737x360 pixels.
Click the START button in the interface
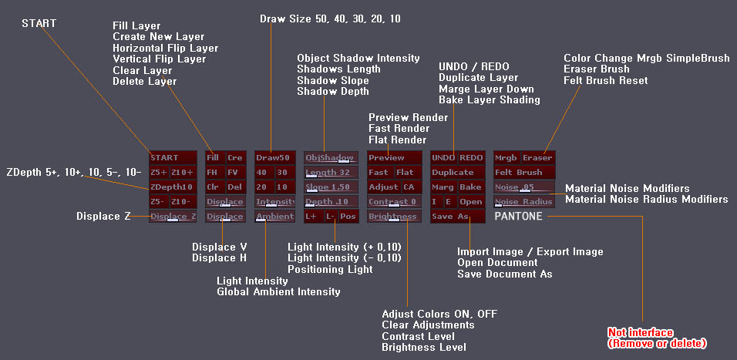coord(173,157)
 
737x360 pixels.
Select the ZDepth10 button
coord(173,187)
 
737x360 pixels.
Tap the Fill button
coord(214,157)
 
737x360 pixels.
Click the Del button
coord(234,187)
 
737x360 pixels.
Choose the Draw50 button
coord(275,157)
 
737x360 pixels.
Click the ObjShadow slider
coord(331,157)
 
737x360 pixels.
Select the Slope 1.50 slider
coord(331,187)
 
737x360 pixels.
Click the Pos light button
coord(348,217)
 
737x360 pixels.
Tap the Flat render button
coord(406,173)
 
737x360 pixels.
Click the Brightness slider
coord(393,217)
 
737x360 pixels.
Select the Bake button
coord(470,187)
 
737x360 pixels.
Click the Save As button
coord(451,217)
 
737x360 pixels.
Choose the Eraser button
coord(537,157)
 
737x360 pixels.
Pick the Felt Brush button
coord(523,173)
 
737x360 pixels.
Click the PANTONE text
coord(518,217)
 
